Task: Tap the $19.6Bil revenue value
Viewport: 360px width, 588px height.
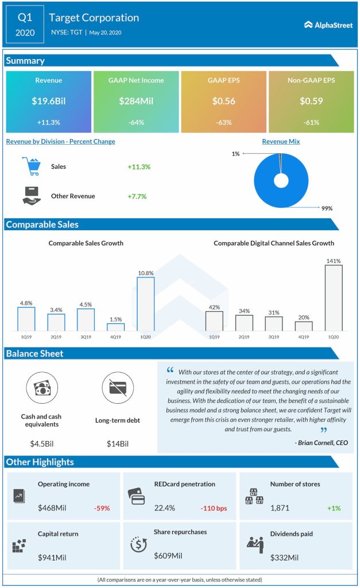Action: click(49, 101)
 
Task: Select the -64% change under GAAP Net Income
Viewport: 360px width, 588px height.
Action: click(136, 122)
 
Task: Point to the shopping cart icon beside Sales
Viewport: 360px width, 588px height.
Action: click(32, 167)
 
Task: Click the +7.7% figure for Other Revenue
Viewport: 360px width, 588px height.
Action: click(137, 196)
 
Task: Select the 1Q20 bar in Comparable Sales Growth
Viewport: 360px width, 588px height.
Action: click(145, 304)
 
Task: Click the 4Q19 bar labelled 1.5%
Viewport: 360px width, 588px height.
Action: click(115, 327)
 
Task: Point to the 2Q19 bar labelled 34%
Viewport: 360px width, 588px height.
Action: click(244, 323)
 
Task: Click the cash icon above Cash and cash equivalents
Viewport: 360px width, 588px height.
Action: click(42, 388)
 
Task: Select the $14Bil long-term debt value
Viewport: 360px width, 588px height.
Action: click(117, 444)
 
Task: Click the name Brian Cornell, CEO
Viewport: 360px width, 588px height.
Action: click(321, 443)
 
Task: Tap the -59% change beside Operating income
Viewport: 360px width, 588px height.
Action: click(102, 508)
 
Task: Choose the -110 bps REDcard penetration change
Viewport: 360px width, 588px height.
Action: click(215, 508)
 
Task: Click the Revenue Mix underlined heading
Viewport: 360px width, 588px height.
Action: click(281, 141)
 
